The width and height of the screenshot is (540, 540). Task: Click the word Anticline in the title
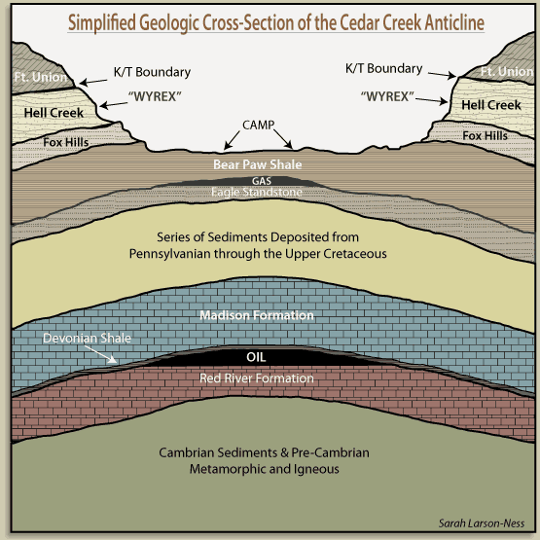[x=454, y=23]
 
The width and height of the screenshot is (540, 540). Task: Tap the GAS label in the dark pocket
[x=262, y=181]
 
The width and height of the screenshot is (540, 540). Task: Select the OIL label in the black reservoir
[x=256, y=357]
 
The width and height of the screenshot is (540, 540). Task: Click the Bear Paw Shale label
[x=258, y=164]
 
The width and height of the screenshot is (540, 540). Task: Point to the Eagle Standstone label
[x=257, y=192]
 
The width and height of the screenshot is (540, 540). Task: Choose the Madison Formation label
[x=257, y=315]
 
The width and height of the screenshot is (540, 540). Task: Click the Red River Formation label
[x=257, y=378]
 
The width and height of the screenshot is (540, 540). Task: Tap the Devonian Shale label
[x=88, y=338]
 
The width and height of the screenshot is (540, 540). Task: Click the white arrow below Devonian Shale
[x=100, y=354]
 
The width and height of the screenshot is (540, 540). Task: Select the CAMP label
[x=258, y=125]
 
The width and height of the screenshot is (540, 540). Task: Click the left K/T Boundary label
[x=152, y=72]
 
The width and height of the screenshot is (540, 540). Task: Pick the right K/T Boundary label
[x=384, y=68]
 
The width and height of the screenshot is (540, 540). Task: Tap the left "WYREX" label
[x=155, y=96]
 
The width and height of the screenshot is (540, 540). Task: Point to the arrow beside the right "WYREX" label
[x=432, y=100]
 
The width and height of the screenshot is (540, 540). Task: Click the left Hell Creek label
[x=54, y=113]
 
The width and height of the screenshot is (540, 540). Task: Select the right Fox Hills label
[x=485, y=135]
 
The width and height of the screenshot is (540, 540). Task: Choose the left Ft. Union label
[x=41, y=77]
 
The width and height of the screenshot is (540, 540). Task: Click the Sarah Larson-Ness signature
[x=482, y=523]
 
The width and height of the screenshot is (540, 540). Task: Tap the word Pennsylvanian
[x=169, y=254]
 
